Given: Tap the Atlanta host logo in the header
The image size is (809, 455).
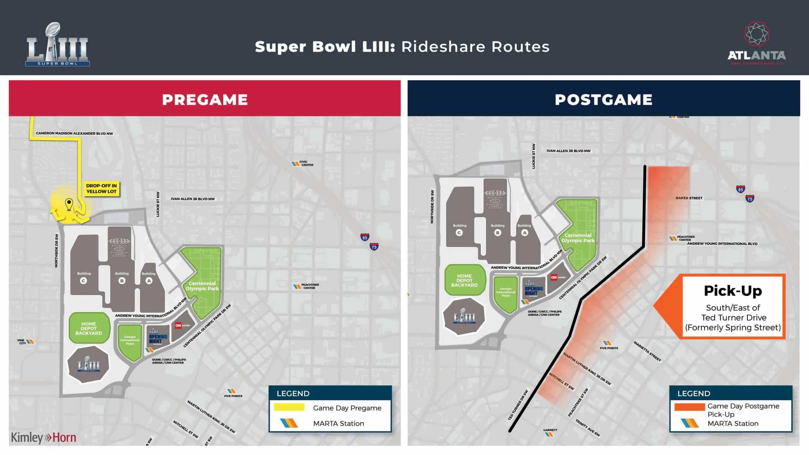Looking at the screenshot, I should [757, 44].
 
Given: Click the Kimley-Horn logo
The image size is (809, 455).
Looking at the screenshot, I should [44, 438].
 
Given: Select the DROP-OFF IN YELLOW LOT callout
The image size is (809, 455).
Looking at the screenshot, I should [101, 189].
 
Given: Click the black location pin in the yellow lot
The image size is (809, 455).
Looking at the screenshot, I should [69, 204].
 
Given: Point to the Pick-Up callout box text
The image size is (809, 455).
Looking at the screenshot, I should [733, 307].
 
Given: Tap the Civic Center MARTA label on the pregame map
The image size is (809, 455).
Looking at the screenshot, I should [306, 163].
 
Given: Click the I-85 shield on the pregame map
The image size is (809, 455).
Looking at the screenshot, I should [365, 237].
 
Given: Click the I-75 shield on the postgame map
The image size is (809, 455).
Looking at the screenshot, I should [750, 199].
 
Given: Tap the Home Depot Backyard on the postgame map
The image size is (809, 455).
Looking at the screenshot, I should [464, 280].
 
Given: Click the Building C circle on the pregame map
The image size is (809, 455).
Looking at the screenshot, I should [83, 281].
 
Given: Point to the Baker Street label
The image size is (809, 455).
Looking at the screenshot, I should [689, 198].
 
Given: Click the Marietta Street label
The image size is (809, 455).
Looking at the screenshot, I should [647, 351].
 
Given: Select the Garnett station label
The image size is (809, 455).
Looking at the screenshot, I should [550, 430].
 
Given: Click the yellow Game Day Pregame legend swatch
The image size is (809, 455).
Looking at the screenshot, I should [289, 407].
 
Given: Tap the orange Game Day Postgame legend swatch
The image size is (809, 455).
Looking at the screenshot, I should [690, 407].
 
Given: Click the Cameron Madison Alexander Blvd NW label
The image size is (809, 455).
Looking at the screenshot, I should [74, 133].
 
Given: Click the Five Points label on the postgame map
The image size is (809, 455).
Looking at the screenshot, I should [609, 348].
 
